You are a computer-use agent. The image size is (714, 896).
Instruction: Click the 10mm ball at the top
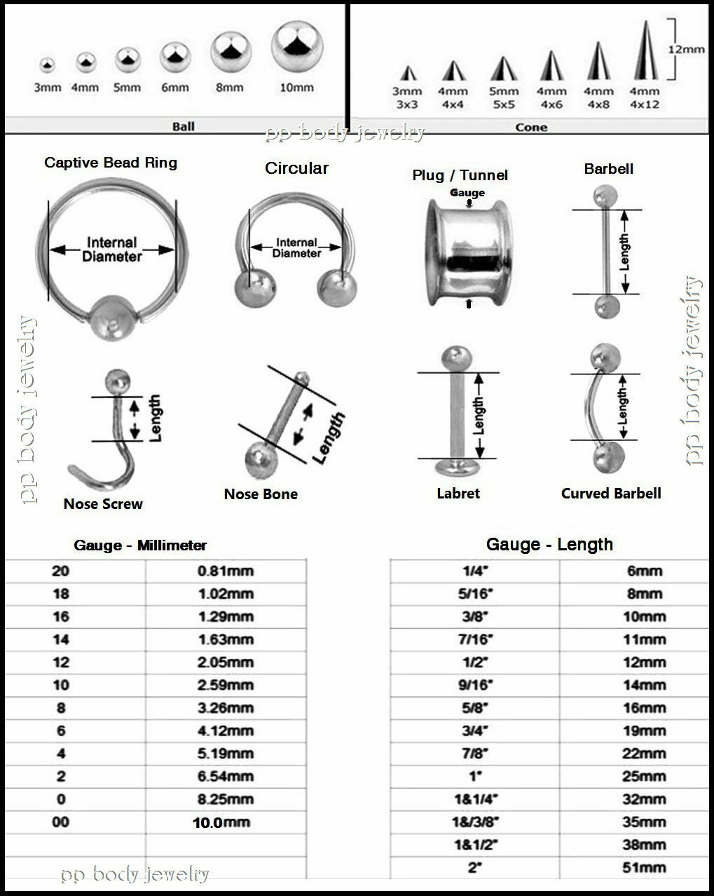pyautogui.click(x=297, y=46)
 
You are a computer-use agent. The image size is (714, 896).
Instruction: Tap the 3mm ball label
pyautogui.click(x=47, y=88)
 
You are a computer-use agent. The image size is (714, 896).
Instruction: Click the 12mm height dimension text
pyautogui.click(x=686, y=50)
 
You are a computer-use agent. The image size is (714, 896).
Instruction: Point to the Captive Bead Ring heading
pyautogui.click(x=111, y=163)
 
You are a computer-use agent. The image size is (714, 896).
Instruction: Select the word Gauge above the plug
pyautogui.click(x=467, y=192)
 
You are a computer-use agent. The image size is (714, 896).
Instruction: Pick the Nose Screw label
pyautogui.click(x=103, y=503)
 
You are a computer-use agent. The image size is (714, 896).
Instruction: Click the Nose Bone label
pyautogui.click(x=261, y=494)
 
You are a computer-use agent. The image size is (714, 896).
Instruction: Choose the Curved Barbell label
pyautogui.click(x=611, y=493)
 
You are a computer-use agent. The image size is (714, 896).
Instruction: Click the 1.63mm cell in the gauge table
pyautogui.click(x=225, y=639)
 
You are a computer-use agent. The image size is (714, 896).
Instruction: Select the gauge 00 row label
pyautogui.click(x=61, y=822)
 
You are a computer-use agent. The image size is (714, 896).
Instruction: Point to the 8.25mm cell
pyautogui.click(x=225, y=799)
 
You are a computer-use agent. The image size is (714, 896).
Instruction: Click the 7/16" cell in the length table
pyautogui.click(x=475, y=639)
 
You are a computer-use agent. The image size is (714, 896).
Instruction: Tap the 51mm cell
pyautogui.click(x=644, y=867)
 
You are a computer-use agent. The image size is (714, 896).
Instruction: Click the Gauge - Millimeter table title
pyautogui.click(x=140, y=545)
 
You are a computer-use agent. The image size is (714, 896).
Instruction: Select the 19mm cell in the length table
pyautogui.click(x=644, y=731)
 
